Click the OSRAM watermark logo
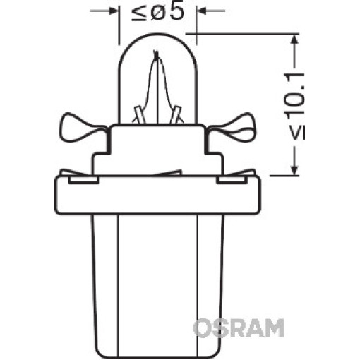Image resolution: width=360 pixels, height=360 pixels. coord(239,328)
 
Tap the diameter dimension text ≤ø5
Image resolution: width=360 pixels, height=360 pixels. coord(157,12)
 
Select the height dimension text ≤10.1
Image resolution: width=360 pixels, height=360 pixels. coord(296,107)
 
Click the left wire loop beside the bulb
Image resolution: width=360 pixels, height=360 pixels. coord(83,130)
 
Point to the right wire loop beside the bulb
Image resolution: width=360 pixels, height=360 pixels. coord(232,130)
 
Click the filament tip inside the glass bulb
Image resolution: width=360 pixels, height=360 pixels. coord(155,53)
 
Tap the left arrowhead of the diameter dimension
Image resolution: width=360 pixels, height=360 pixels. coord(114,11)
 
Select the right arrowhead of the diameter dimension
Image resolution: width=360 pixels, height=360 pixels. coord(202,11)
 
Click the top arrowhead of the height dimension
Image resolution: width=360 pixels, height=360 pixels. coord(294,40)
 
